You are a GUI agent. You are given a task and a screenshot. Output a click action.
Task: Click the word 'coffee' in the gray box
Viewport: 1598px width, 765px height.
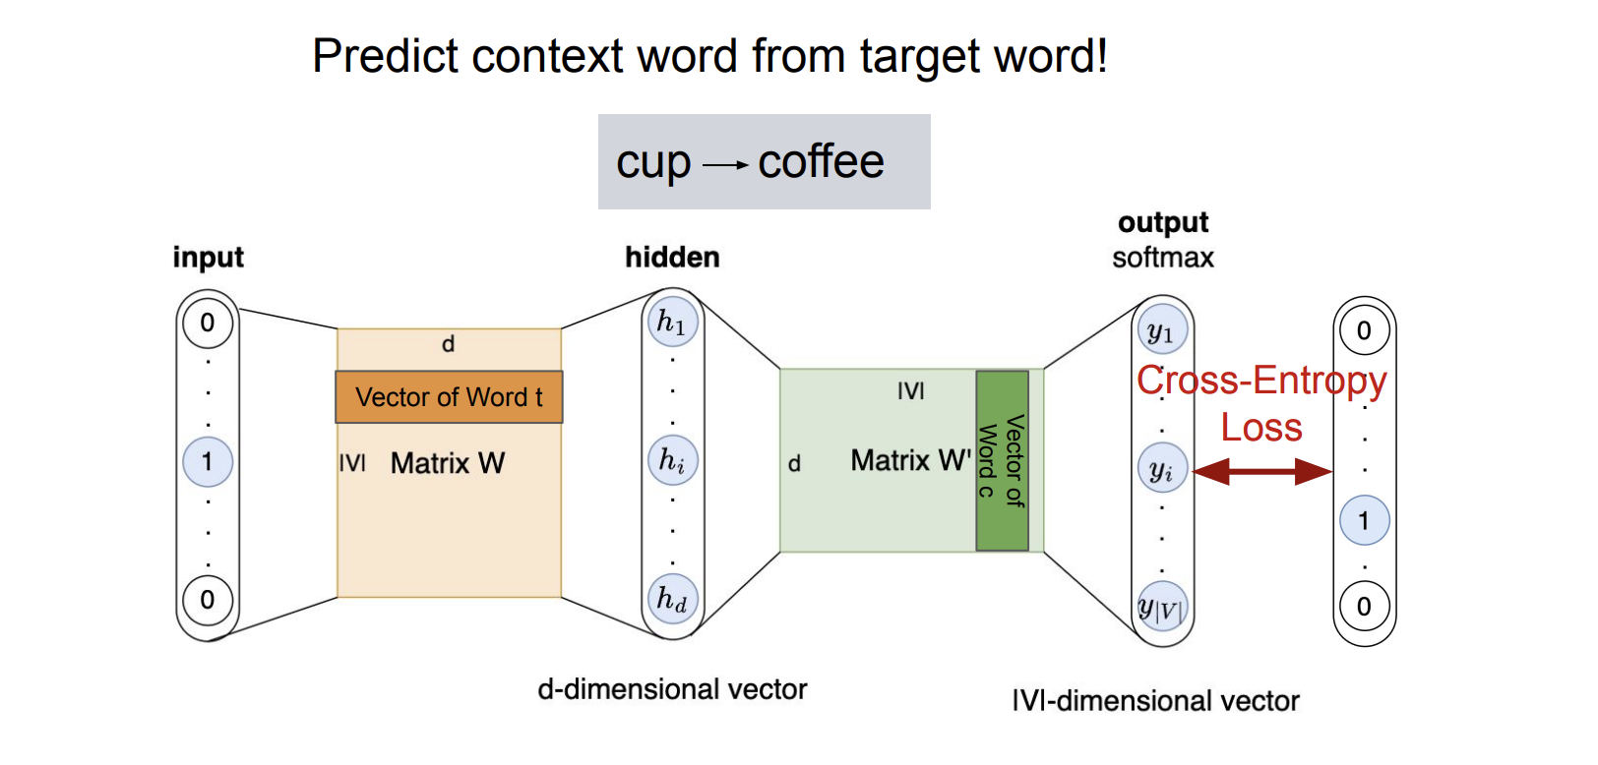pos(821,161)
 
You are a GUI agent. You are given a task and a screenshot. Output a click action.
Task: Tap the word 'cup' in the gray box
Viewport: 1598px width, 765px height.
pos(653,163)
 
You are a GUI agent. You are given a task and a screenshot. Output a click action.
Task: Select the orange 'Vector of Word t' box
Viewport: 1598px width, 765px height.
pos(449,397)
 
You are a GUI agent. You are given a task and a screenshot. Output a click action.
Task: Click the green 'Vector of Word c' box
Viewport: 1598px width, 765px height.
pos(1002,460)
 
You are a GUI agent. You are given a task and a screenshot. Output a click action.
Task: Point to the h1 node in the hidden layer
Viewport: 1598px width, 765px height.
pos(672,322)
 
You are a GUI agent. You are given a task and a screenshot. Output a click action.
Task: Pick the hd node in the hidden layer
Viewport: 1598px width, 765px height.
pos(672,599)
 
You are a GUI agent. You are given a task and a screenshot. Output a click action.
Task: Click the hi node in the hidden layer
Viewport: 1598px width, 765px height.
pos(672,460)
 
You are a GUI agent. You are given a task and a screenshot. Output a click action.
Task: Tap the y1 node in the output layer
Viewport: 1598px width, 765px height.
pos(1161,331)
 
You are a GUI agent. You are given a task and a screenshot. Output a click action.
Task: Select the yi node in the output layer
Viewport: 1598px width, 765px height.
pos(1161,470)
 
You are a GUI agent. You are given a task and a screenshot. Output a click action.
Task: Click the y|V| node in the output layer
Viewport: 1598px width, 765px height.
pos(1161,607)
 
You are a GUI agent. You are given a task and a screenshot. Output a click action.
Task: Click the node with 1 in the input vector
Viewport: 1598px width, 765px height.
pos(208,461)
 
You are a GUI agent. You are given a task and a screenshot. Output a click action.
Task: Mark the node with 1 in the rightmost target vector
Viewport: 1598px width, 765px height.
pos(1364,520)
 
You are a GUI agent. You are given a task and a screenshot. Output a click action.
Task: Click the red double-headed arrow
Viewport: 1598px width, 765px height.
pos(1262,472)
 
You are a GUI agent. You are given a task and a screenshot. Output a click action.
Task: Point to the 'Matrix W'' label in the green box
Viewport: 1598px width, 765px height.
pos(910,460)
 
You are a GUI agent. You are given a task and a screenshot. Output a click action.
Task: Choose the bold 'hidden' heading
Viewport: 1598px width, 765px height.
pos(672,258)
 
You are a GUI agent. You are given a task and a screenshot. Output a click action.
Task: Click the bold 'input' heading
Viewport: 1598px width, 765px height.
pos(208,258)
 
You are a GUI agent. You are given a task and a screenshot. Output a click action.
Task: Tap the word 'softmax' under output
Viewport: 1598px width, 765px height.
pos(1162,258)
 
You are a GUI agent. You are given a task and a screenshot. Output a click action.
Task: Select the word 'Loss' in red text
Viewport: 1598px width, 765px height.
pos(1261,428)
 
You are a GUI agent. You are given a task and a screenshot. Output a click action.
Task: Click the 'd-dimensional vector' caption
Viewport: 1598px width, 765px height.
pos(672,689)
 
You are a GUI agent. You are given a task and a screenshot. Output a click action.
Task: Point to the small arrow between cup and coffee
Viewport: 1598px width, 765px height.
pos(726,165)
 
